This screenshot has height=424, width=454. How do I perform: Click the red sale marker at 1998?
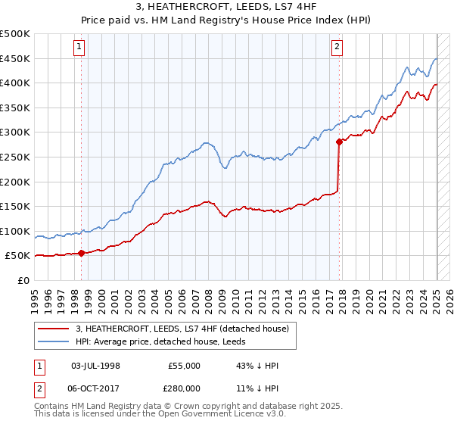pyautogui.click(x=81, y=254)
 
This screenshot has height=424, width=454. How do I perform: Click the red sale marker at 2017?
pyautogui.click(x=339, y=141)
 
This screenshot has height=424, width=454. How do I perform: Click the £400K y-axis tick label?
pyautogui.click(x=15, y=83)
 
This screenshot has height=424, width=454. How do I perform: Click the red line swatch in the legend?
pyautogui.click(x=54, y=329)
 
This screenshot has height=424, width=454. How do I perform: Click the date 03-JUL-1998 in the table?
pyautogui.click(x=95, y=366)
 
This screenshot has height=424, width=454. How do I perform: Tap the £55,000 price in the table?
pyautogui.click(x=185, y=366)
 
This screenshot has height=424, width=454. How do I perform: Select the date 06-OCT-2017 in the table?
pyautogui.click(x=95, y=388)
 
